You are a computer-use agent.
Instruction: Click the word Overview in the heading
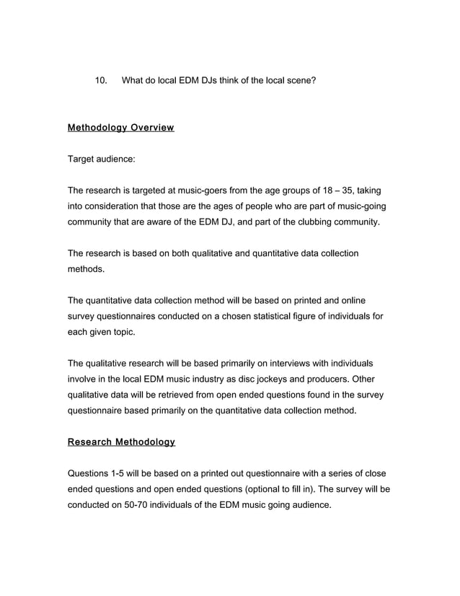152,128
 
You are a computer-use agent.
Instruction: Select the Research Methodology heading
121,442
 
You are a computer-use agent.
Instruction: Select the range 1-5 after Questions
123,473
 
